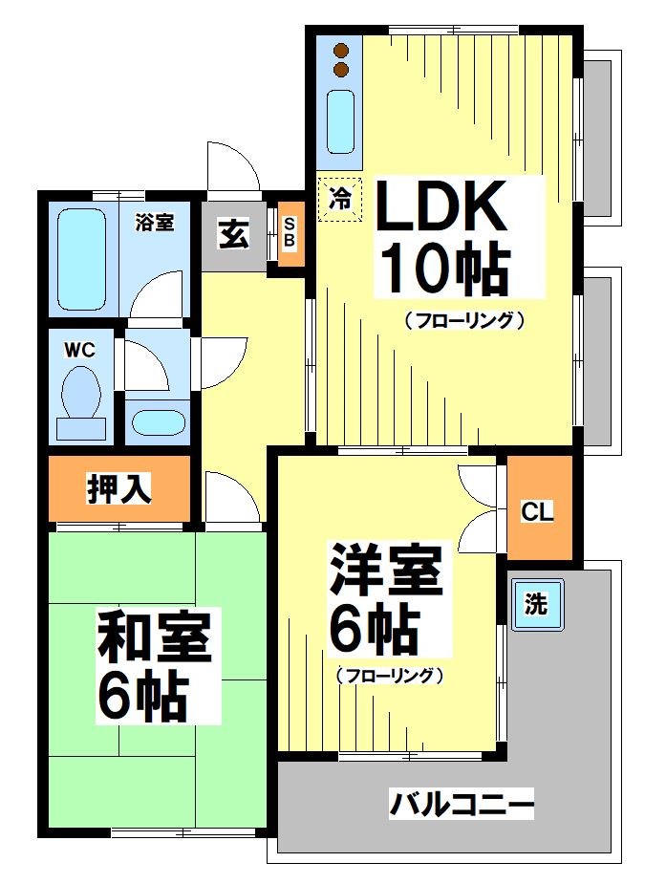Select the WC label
point(79,350)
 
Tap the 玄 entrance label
point(232,234)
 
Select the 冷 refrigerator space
point(339,200)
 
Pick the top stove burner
point(341,51)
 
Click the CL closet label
point(538,510)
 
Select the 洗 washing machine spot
point(535,604)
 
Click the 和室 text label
point(154,639)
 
